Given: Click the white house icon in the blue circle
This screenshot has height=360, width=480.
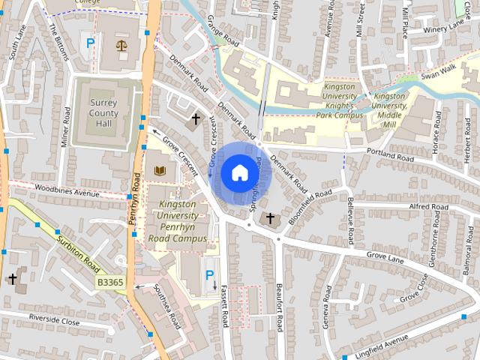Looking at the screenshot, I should click(x=239, y=172).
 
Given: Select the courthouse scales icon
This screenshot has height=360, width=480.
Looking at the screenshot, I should click(x=121, y=45).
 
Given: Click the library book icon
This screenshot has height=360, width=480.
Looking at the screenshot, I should click(x=159, y=172).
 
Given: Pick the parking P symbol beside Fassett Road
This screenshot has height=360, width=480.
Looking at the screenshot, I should click(x=209, y=276).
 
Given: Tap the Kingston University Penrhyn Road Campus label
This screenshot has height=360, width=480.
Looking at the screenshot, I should click(x=176, y=221).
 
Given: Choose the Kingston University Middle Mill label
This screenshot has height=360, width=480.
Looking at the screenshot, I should click(x=389, y=110).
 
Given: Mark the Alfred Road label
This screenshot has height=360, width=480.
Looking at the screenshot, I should click(x=428, y=206).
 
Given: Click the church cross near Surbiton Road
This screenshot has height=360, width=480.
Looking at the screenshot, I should click(x=12, y=279).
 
